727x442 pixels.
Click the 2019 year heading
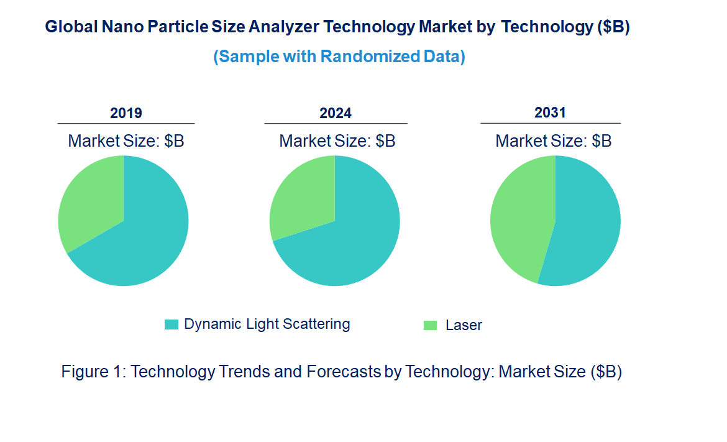pyautogui.click(x=126, y=113)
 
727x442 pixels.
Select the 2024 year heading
pyautogui.click(x=336, y=113)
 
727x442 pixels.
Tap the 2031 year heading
pyautogui.click(x=550, y=113)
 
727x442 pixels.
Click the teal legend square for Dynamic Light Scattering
pyautogui.click(x=171, y=325)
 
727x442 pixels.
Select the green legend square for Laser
pyautogui.click(x=430, y=325)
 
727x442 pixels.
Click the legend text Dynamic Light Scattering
pyautogui.click(x=267, y=324)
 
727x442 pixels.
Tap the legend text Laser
pyautogui.click(x=464, y=325)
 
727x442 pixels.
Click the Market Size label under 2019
pyautogui.click(x=126, y=141)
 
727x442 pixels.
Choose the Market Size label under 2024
pyautogui.click(x=337, y=141)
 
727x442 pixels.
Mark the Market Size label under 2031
pyautogui.click(x=553, y=141)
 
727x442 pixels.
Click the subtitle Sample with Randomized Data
pyautogui.click(x=339, y=57)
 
